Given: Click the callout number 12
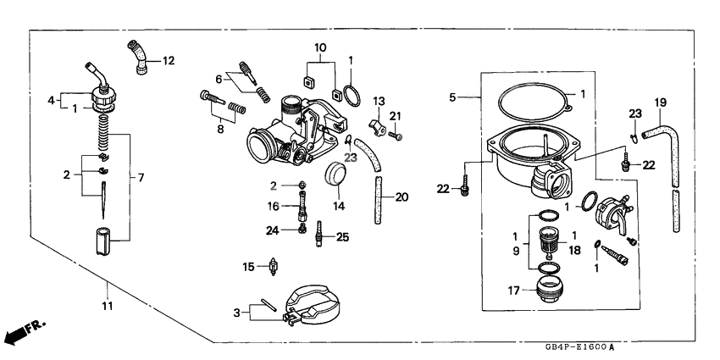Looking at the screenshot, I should pos(168,61).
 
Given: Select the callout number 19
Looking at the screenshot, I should pos(660,103).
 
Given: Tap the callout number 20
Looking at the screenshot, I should pos(402,197).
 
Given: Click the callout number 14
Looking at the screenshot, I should pos(338,206).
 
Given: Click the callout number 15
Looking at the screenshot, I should pos(249,267).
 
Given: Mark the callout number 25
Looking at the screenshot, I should pos(342,237).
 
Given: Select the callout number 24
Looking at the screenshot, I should pos(271,230).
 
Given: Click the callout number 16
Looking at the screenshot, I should pos(274,206).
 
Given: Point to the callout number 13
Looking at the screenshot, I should pos(379,101).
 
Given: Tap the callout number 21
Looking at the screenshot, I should pos(395,116).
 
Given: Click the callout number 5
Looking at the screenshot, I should pos(452,97).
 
